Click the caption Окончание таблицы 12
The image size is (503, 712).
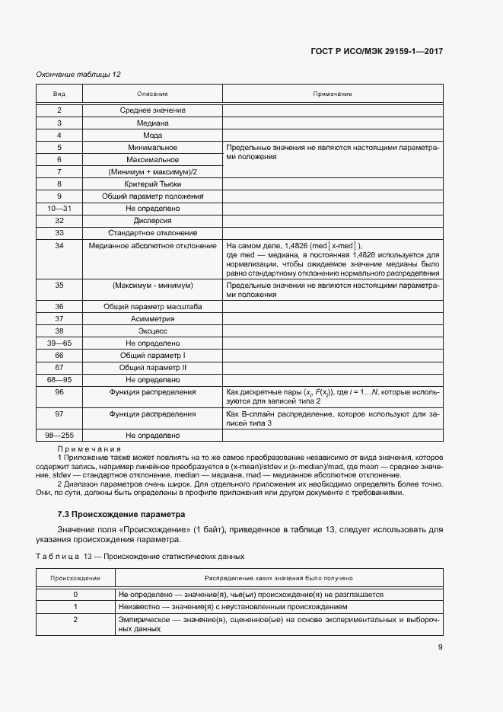click(x=78, y=74)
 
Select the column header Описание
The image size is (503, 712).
click(x=152, y=94)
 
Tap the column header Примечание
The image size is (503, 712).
click(x=333, y=94)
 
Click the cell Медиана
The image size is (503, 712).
click(x=152, y=123)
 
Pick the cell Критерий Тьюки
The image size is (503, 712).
click(x=152, y=184)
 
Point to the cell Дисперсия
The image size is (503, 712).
click(x=152, y=220)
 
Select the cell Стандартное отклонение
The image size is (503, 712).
click(x=152, y=232)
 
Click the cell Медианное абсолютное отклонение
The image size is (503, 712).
click(x=152, y=245)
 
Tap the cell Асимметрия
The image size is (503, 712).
click(x=152, y=319)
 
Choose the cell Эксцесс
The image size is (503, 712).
click(x=152, y=331)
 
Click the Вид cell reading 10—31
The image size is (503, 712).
click(x=59, y=208)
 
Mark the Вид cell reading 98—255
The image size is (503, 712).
click(x=59, y=435)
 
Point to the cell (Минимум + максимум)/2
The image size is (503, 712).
click(x=152, y=171)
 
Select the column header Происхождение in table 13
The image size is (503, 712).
click(x=75, y=579)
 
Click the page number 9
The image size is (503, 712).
click(x=440, y=647)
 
